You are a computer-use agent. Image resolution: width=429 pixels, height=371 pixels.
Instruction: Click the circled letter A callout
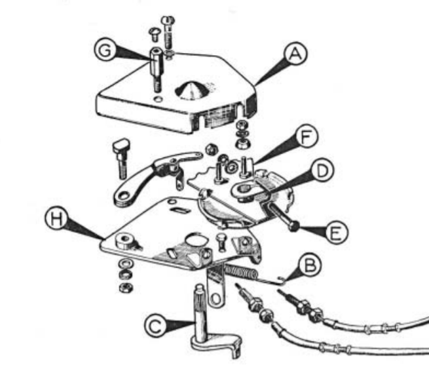point(295,53)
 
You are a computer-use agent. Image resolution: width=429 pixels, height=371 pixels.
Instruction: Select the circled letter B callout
point(310,265)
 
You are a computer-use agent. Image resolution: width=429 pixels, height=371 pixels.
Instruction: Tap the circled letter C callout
point(155,326)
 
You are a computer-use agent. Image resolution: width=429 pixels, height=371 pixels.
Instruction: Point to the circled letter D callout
point(322,171)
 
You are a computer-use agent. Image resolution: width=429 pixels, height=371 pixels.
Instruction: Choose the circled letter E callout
point(336,232)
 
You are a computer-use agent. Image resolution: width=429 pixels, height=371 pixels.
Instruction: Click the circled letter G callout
point(105,50)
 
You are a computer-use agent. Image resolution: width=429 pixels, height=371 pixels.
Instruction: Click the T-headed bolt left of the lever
point(121,158)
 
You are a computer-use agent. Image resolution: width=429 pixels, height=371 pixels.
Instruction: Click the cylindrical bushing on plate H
point(125,241)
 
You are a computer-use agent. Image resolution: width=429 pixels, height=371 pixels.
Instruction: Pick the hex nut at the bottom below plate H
point(126,287)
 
